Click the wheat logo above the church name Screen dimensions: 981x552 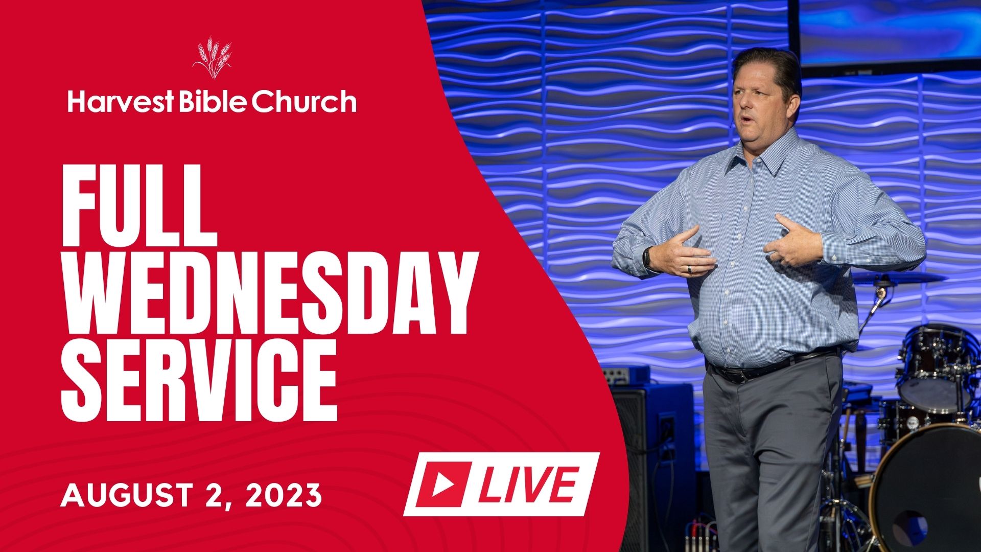click(x=212, y=57)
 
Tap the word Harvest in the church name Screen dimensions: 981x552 click(x=121, y=101)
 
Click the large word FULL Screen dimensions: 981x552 click(x=139, y=205)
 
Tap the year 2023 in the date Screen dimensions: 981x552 click(x=284, y=495)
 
